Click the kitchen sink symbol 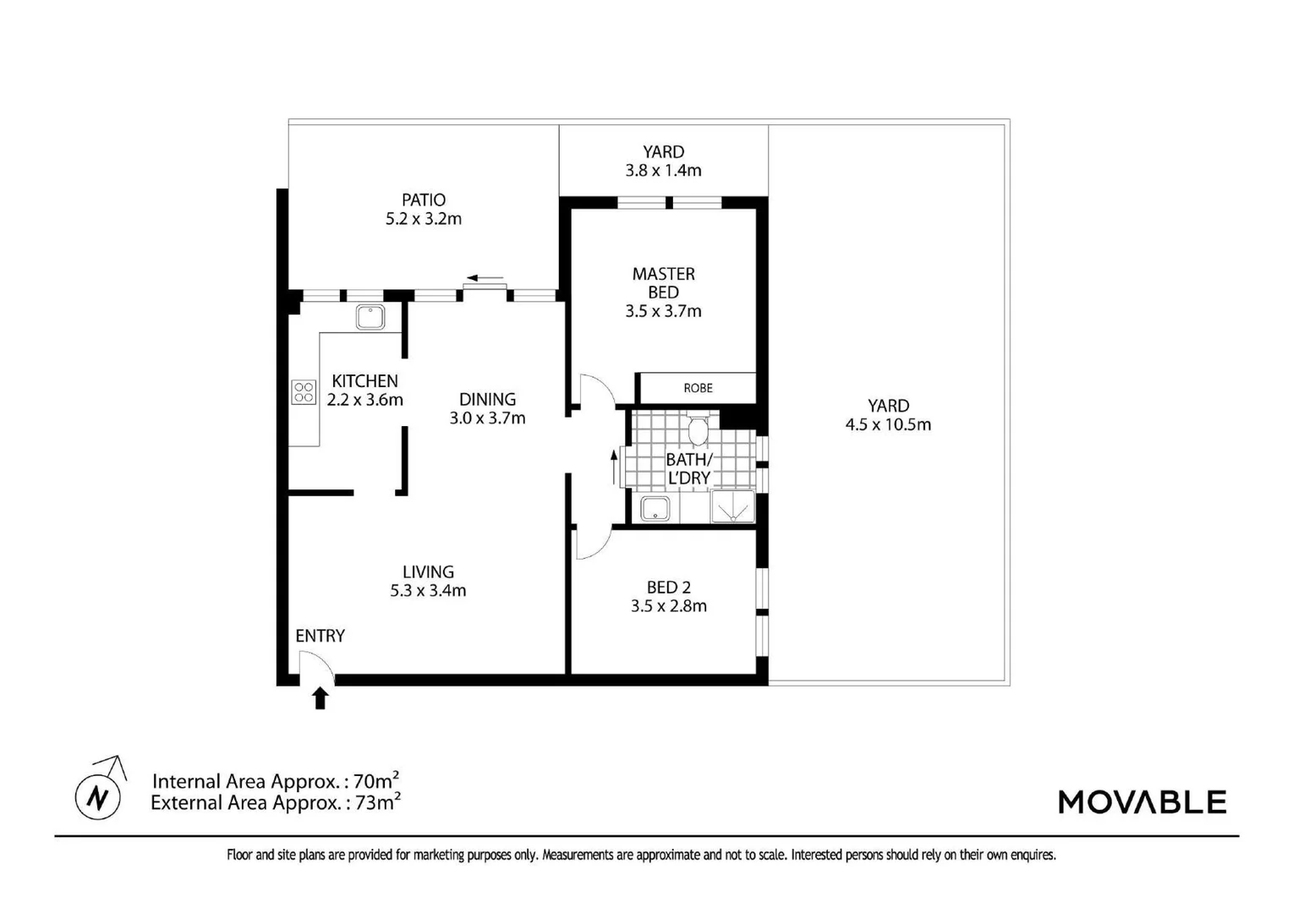click(370, 317)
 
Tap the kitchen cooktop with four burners click(304, 392)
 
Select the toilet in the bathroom click(698, 430)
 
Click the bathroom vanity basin click(655, 509)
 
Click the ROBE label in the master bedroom click(698, 388)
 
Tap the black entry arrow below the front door click(321, 698)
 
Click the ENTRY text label click(320, 636)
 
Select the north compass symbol click(99, 795)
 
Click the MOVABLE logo click(1142, 801)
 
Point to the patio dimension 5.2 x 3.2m click(423, 219)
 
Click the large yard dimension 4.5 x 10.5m click(888, 424)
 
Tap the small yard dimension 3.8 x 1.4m click(663, 170)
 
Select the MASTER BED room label click(663, 282)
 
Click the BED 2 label click(668, 587)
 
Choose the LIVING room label click(428, 572)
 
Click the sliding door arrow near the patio click(485, 278)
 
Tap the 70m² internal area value click(376, 780)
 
